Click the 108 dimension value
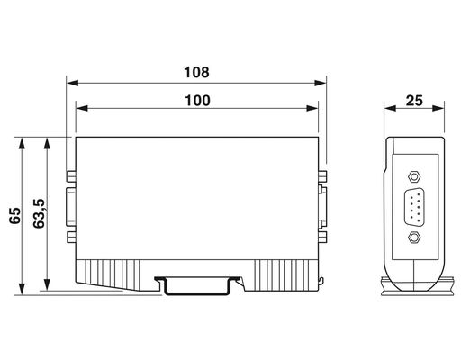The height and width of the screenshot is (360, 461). coord(196,73)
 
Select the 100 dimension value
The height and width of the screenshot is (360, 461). coord(197,101)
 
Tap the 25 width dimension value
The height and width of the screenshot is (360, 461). coord(414,101)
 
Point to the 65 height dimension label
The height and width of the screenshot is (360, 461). coord(15,215)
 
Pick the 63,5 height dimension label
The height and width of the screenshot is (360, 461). coord(39,213)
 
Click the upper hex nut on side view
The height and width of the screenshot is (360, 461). coord(414,176)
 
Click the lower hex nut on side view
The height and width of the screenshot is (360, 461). coord(414,238)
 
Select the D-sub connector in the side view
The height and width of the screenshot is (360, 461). coord(414,207)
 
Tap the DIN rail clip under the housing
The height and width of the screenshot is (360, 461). coord(198,285)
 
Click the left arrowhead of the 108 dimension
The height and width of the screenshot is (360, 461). coord(72,83)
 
